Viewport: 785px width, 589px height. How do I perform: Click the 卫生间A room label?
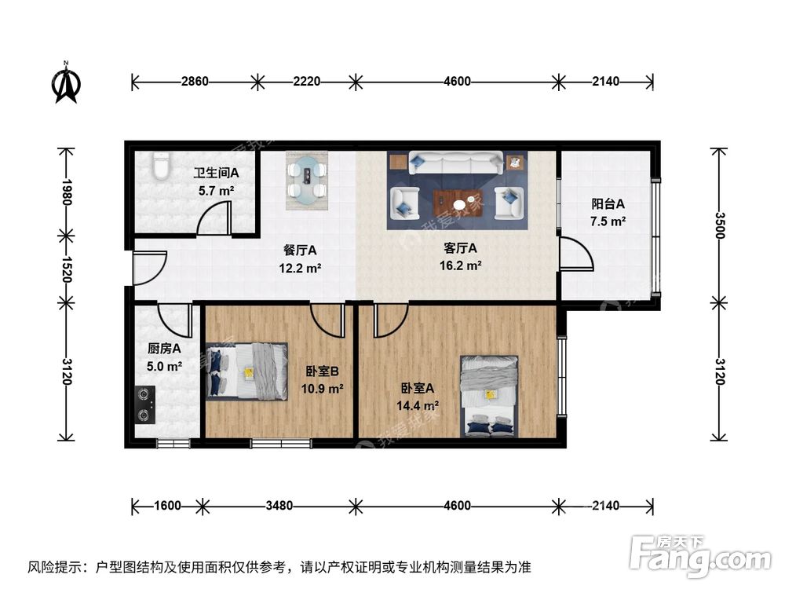pos(216,173)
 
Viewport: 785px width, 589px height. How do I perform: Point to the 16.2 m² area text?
pos(461,265)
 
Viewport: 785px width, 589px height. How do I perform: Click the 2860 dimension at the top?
pos(194,81)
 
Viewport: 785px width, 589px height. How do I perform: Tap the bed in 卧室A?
pos(489,396)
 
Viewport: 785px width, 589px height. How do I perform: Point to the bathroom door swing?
pos(214,218)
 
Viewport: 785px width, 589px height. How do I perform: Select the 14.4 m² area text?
pos(419,405)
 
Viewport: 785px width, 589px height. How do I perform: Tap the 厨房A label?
pos(165,349)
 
